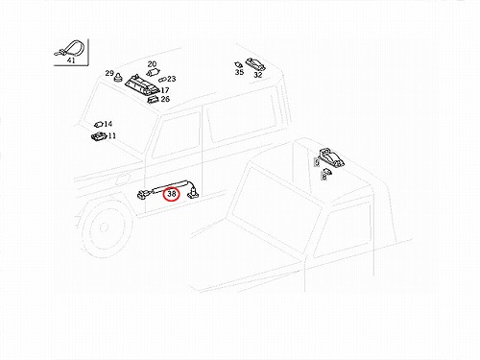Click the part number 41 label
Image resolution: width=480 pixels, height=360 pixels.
point(71,60)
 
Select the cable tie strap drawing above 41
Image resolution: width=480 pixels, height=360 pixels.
point(69,48)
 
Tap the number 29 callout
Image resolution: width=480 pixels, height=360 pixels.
point(109,73)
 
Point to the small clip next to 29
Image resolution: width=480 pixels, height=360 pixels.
point(119,77)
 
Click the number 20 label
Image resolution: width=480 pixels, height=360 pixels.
point(152,64)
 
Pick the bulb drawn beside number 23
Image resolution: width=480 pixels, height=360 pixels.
point(162,79)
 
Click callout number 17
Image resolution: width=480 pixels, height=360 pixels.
point(165,90)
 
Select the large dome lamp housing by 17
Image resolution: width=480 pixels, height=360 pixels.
point(142,84)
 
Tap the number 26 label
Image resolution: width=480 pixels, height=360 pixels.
point(165,99)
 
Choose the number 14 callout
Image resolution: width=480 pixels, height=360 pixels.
point(108,124)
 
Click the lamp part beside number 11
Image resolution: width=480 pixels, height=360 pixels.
point(99,136)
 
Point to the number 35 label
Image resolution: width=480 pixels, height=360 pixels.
point(239,72)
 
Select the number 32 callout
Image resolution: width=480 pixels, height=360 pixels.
point(258,75)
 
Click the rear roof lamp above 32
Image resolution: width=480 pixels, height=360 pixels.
point(255,64)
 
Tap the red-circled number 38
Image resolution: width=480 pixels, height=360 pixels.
point(172,194)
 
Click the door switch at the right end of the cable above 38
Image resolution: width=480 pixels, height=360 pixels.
point(193,193)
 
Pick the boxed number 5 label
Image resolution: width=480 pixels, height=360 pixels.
point(317,162)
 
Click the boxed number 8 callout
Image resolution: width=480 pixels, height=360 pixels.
point(324,177)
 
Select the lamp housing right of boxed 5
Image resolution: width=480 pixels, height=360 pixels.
point(332,157)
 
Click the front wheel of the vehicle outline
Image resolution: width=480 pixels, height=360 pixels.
point(104,228)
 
